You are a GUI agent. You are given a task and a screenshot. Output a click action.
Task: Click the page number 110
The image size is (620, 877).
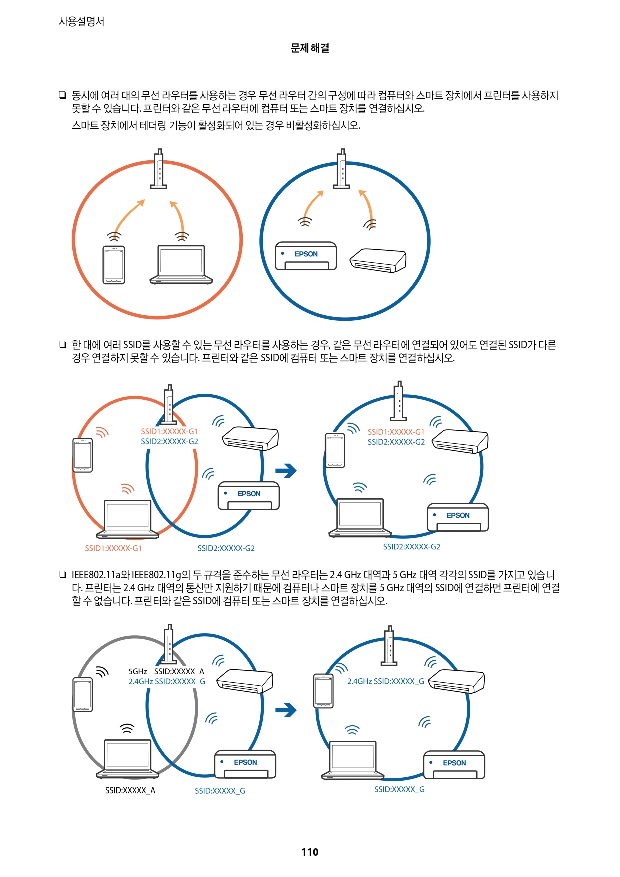pyautogui.click(x=310, y=852)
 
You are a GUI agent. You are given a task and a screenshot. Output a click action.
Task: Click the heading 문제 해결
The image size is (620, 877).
pyautogui.click(x=310, y=48)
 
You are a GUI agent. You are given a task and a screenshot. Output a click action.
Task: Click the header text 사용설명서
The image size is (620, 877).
pyautogui.click(x=81, y=22)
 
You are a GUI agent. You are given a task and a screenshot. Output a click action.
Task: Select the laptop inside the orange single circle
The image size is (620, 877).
pyautogui.click(x=181, y=265)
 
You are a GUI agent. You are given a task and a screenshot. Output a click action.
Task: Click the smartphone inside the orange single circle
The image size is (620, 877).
pyautogui.click(x=114, y=265)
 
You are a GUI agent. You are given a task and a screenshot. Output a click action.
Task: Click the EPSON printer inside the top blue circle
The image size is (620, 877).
pyautogui.click(x=306, y=256)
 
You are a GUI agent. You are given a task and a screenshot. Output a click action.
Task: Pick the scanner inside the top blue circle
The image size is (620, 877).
pyautogui.click(x=378, y=261)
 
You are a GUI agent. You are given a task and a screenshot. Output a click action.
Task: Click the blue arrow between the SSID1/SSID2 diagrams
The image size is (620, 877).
pyautogui.click(x=286, y=470)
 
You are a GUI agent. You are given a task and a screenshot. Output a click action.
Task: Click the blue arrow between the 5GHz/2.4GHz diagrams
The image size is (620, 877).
pyautogui.click(x=286, y=710)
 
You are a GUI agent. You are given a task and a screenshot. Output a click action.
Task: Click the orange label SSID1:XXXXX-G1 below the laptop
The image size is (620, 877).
pyautogui.click(x=113, y=548)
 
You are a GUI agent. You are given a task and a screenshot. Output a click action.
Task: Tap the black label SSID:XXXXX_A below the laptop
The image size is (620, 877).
pyautogui.click(x=130, y=790)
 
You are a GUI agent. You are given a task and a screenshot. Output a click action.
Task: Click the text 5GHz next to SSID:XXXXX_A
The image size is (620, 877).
pyautogui.click(x=138, y=671)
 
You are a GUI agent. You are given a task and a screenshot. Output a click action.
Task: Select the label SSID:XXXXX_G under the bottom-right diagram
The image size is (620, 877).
pyautogui.click(x=399, y=789)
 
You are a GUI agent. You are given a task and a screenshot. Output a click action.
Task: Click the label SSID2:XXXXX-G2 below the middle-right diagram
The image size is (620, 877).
pyautogui.click(x=411, y=547)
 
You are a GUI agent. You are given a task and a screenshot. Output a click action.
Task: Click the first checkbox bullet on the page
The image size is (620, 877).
pyautogui.click(x=62, y=95)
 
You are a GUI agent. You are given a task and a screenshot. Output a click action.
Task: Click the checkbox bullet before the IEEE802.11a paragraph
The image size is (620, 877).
pyautogui.click(x=62, y=575)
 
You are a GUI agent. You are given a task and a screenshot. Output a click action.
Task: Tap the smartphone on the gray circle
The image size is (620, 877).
pyautogui.click(x=83, y=695)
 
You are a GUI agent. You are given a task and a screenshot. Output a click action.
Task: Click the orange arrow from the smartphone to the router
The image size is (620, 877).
pyautogui.click(x=128, y=215)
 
